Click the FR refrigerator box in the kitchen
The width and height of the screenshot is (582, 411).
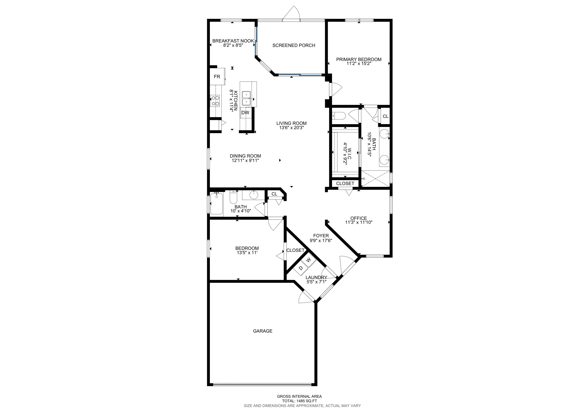[x=217, y=76]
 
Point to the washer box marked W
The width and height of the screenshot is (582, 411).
[x=308, y=260]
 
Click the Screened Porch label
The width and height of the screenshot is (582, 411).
[x=294, y=45]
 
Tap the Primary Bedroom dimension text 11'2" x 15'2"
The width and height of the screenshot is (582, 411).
[x=359, y=63]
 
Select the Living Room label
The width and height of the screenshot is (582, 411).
[x=291, y=123]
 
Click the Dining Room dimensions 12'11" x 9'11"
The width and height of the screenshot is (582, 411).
[x=245, y=160]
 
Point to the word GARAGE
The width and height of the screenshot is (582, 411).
[x=263, y=331]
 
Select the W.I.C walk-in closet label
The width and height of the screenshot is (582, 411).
[x=350, y=154]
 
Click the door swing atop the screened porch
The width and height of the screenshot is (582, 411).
[x=291, y=12]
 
